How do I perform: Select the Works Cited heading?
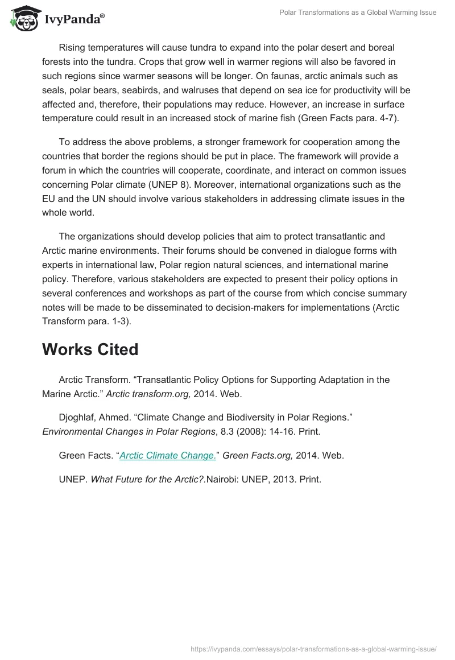pos(90,349)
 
